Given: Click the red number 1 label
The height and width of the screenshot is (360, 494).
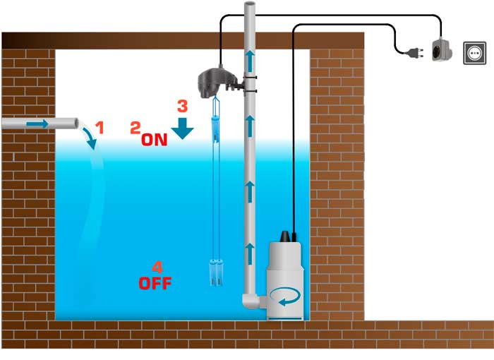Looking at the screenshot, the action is click(x=100, y=127).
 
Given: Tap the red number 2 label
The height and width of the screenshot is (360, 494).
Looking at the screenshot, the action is click(x=135, y=128).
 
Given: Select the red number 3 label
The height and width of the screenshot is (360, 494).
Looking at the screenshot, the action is click(x=183, y=106).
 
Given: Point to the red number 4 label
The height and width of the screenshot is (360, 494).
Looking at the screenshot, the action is click(x=157, y=268).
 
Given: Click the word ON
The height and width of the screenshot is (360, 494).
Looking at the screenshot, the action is click(x=154, y=140).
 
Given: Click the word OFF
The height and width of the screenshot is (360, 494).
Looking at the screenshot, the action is click(x=155, y=283).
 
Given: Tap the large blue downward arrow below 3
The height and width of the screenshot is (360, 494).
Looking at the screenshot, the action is click(x=182, y=128).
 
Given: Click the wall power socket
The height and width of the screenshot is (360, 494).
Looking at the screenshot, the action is click(x=474, y=53).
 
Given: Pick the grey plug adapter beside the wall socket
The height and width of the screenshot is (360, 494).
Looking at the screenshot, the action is click(x=441, y=50).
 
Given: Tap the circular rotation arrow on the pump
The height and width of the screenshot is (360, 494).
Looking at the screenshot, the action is click(x=285, y=296).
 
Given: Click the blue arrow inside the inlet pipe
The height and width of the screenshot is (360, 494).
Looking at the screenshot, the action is click(x=37, y=124).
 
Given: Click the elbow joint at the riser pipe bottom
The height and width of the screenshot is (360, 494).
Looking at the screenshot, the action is click(x=251, y=301).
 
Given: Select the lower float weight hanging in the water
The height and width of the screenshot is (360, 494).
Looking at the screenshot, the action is click(x=217, y=272).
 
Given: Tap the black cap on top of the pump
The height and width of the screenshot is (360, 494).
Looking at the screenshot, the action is click(x=285, y=236).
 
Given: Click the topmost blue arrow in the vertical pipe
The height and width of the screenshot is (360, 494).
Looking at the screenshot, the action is click(x=250, y=61).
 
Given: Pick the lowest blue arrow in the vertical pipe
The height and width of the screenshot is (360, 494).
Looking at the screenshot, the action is click(x=250, y=254).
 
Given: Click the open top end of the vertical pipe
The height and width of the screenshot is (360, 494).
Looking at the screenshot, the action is click(x=250, y=4).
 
